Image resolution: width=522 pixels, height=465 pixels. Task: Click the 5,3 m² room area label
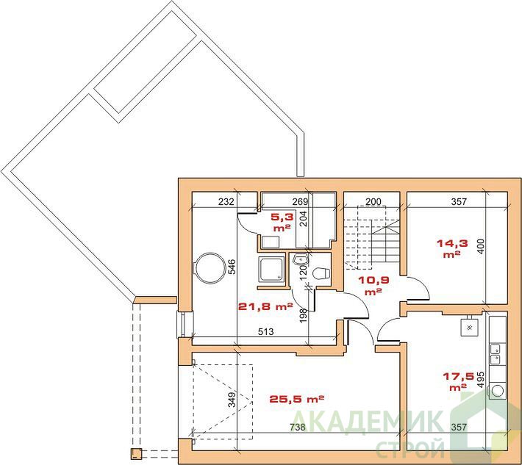(282, 222)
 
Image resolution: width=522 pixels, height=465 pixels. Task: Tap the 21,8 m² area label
(265, 306)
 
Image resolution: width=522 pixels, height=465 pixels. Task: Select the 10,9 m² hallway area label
(373, 286)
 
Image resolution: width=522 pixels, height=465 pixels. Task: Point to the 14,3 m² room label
(452, 248)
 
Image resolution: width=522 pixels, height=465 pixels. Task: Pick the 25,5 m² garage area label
(296, 398)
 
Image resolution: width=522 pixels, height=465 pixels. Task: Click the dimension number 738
(297, 427)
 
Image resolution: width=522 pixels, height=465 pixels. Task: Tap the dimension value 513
(265, 331)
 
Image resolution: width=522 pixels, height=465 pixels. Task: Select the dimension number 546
(232, 267)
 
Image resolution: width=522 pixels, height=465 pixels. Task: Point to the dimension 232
(226, 201)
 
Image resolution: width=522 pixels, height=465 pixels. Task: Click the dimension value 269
(300, 201)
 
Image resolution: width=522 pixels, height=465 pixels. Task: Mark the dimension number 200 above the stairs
(373, 201)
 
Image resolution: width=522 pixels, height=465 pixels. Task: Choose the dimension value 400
(482, 246)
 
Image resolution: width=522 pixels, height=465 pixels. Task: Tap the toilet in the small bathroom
(321, 273)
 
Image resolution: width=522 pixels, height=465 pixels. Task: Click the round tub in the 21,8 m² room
(209, 268)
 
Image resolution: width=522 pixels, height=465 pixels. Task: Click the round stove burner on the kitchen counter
(497, 391)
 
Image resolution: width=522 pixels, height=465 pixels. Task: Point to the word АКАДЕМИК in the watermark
(368, 421)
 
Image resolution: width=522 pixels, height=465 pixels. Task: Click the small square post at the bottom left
(136, 453)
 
